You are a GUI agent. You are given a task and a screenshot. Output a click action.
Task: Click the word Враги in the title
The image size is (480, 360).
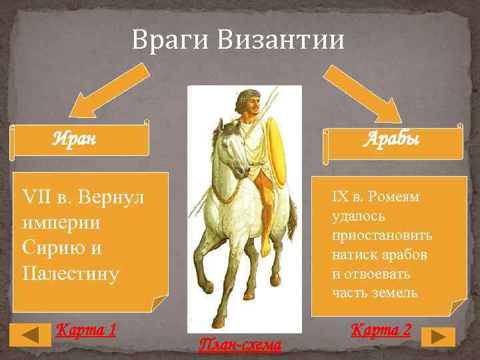tap(169, 40)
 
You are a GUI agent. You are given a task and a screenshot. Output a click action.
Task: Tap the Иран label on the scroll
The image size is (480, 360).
tap(74, 139)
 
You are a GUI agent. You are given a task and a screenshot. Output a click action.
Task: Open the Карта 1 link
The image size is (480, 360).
tap(87, 329)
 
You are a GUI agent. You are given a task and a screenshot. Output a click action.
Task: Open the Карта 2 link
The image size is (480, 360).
tap(381, 329)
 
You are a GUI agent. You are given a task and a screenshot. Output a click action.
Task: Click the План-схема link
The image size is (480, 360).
tap(240, 345)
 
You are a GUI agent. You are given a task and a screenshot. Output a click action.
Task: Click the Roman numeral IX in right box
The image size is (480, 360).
tap(340, 197)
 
